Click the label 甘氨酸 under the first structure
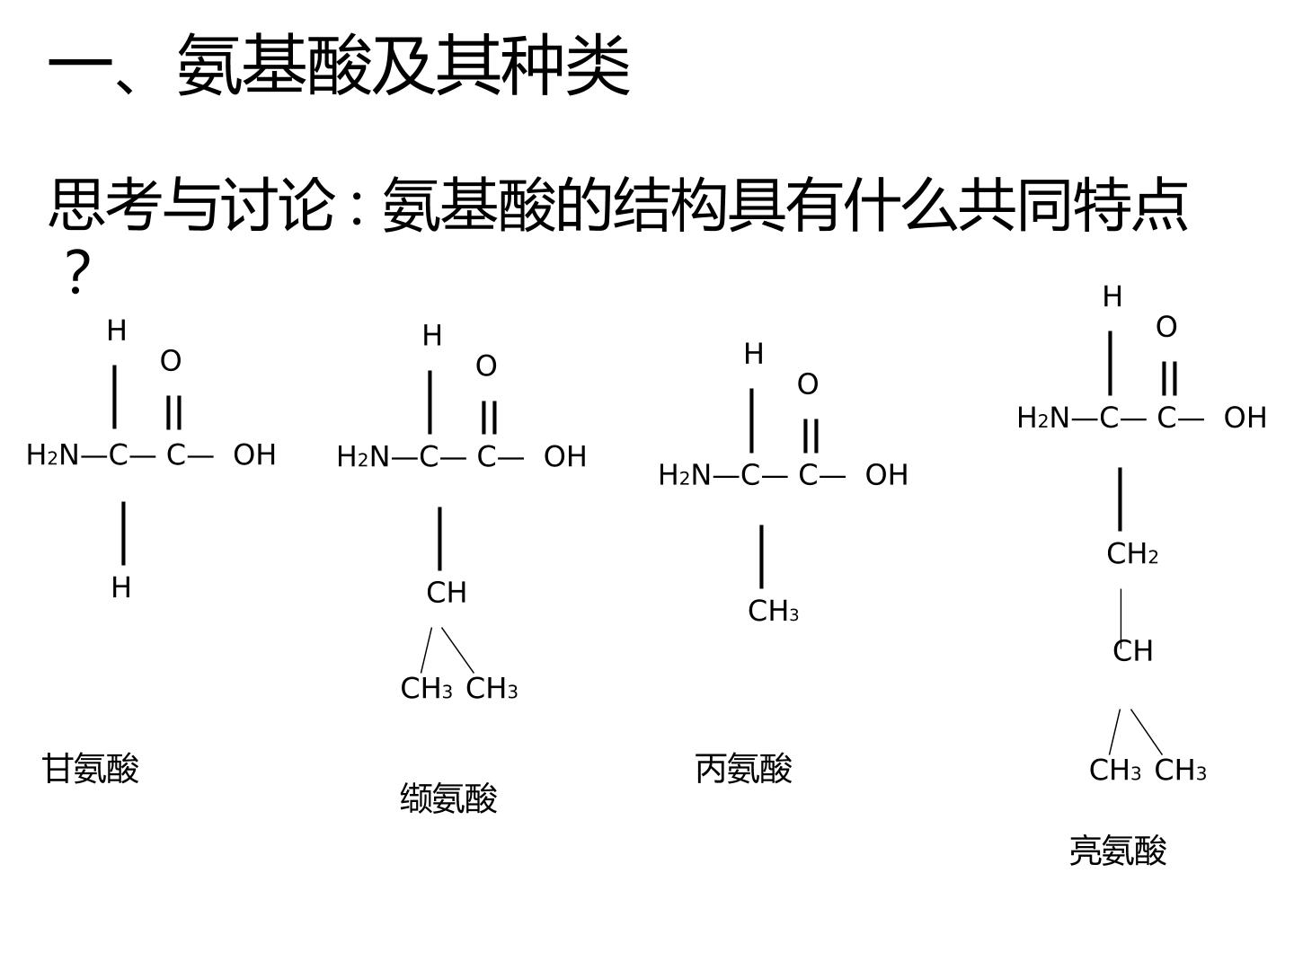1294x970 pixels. (x=90, y=768)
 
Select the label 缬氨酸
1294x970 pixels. (x=448, y=798)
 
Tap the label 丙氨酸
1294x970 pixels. (x=743, y=768)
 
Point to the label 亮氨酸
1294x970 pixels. (x=1118, y=851)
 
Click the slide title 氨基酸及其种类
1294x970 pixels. (x=403, y=64)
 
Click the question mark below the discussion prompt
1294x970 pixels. (x=77, y=271)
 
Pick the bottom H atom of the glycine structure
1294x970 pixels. (x=120, y=587)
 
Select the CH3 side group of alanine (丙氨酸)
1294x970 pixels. (x=773, y=612)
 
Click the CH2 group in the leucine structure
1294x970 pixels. (x=1132, y=553)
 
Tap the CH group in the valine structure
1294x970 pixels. (x=447, y=593)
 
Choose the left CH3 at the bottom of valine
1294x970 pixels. (x=426, y=688)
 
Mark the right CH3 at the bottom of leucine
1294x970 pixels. (x=1180, y=770)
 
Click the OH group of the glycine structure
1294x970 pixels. (x=254, y=454)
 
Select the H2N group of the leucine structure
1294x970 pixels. (x=1043, y=419)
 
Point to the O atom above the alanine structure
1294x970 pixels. (x=808, y=384)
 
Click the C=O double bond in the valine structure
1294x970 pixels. (x=490, y=418)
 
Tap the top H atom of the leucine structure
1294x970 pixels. (x=1112, y=296)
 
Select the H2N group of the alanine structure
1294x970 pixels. (x=685, y=475)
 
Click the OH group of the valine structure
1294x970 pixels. (x=564, y=456)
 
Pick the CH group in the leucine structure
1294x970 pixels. (x=1132, y=651)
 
